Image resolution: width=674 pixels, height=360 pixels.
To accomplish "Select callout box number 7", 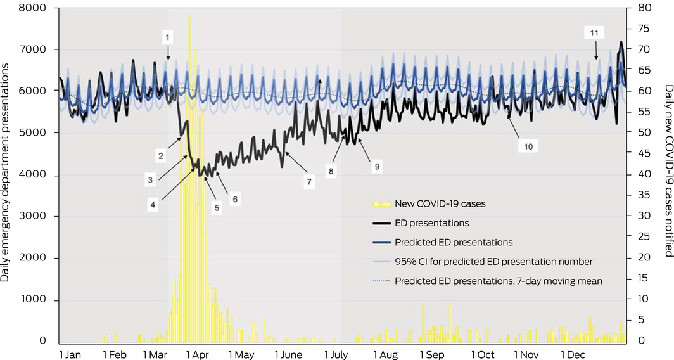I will pos(310,181).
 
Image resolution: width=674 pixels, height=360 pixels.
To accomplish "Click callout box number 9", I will pos(376,167).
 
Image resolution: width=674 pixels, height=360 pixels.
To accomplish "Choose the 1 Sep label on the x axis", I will pos(431,354).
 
